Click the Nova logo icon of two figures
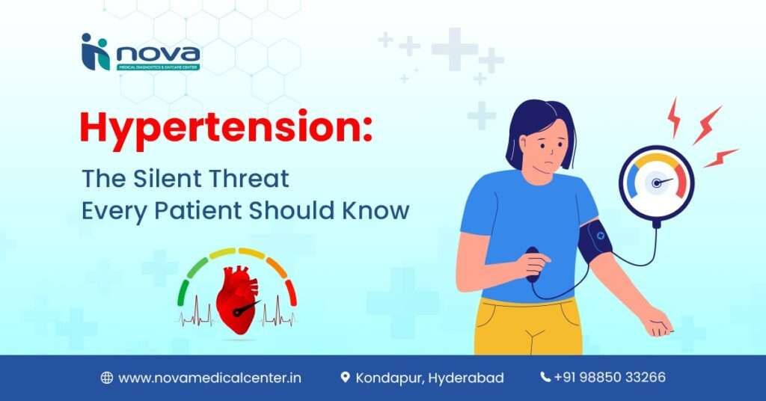(x=95, y=52)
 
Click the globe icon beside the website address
(x=106, y=378)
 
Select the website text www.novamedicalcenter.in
(x=210, y=378)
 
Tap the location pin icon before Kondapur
(x=345, y=378)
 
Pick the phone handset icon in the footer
(x=545, y=377)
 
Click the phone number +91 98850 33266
(x=610, y=378)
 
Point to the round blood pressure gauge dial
(x=656, y=183)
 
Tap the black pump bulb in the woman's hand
(x=532, y=263)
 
